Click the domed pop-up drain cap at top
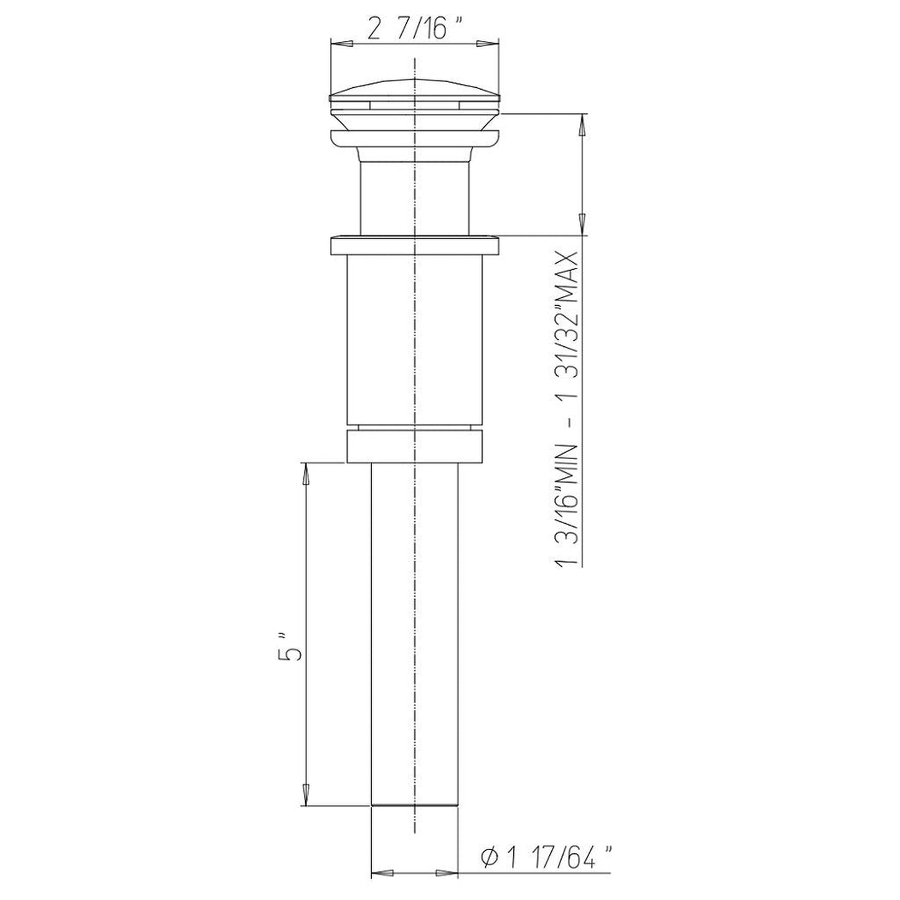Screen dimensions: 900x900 (414, 90)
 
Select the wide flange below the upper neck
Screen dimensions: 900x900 (414, 245)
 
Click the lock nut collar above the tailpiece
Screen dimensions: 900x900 (414, 445)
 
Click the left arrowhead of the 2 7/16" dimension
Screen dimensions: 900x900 (339, 43)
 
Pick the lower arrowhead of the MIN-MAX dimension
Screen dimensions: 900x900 (582, 223)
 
